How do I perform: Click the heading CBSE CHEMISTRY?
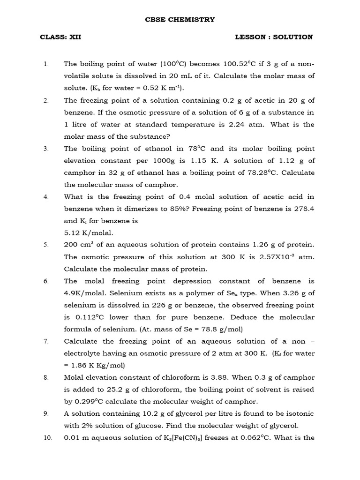(180, 20)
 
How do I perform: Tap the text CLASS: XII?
(60, 37)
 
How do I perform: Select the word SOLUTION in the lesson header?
(293, 37)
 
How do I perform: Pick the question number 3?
(46, 149)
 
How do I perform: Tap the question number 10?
(46, 438)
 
